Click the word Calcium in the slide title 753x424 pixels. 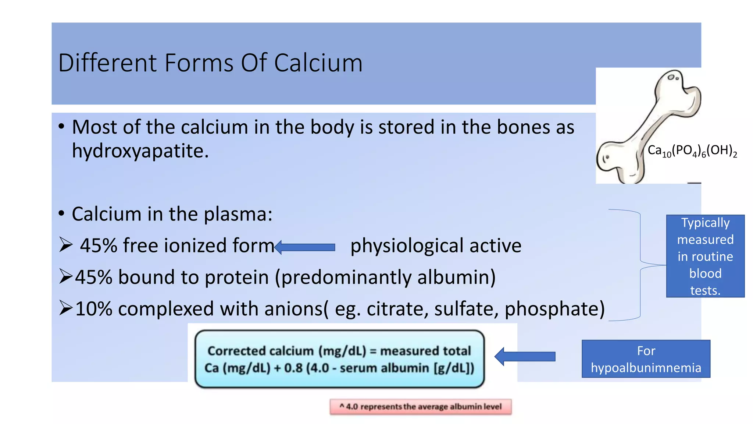[318, 63]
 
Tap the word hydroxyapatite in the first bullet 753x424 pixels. [140, 151]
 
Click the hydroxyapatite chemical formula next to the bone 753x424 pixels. [692, 151]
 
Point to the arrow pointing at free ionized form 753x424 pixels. [305, 247]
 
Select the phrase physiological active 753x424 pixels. [436, 246]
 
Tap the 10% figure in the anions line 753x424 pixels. [94, 308]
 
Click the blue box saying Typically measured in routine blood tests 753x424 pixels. [705, 256]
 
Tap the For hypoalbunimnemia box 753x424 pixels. [646, 359]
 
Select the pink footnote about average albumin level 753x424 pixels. [420, 407]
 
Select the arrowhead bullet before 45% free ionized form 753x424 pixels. [66, 245]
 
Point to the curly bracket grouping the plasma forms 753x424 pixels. [640, 265]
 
